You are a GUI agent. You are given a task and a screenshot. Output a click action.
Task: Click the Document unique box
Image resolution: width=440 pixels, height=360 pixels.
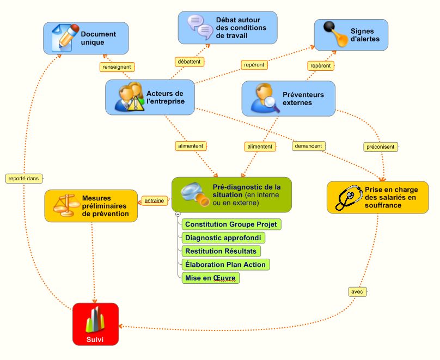[86, 38]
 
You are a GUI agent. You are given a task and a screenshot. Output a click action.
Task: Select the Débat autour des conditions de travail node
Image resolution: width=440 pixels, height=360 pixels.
[228, 27]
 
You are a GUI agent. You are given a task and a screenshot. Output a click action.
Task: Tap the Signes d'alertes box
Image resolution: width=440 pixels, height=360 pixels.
[351, 35]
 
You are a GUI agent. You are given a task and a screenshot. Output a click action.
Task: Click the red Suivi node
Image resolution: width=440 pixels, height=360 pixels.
[96, 324]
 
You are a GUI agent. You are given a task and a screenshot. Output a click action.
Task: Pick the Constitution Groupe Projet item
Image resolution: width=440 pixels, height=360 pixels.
[231, 224]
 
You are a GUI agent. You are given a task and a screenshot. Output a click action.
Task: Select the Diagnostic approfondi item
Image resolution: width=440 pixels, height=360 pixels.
[224, 237]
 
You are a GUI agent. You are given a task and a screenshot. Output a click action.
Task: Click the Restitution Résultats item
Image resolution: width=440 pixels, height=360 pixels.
[221, 251]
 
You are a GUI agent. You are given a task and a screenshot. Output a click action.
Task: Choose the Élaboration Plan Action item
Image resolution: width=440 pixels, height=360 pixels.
[225, 265]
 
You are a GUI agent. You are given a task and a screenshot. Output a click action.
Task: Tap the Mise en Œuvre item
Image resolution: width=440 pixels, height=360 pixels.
[211, 278]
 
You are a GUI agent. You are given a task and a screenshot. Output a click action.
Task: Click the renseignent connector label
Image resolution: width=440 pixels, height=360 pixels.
[117, 67]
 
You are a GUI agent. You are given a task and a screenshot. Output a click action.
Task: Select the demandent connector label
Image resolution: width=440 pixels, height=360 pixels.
[309, 146]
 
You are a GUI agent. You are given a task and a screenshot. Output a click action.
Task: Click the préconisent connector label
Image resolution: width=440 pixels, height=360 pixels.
[381, 147]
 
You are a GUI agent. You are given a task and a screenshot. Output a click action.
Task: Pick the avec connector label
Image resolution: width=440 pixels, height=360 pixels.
[357, 292]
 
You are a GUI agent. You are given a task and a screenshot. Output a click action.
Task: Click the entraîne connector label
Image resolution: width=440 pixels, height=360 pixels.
[155, 200]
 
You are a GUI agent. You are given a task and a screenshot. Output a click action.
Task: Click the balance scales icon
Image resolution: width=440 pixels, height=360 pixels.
[64, 205]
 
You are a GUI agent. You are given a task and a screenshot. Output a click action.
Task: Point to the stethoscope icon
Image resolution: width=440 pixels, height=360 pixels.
[347, 197]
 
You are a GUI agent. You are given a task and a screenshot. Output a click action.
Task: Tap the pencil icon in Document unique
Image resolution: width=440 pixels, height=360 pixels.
[65, 37]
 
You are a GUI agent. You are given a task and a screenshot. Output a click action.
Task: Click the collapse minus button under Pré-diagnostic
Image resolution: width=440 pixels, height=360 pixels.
[178, 215]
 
